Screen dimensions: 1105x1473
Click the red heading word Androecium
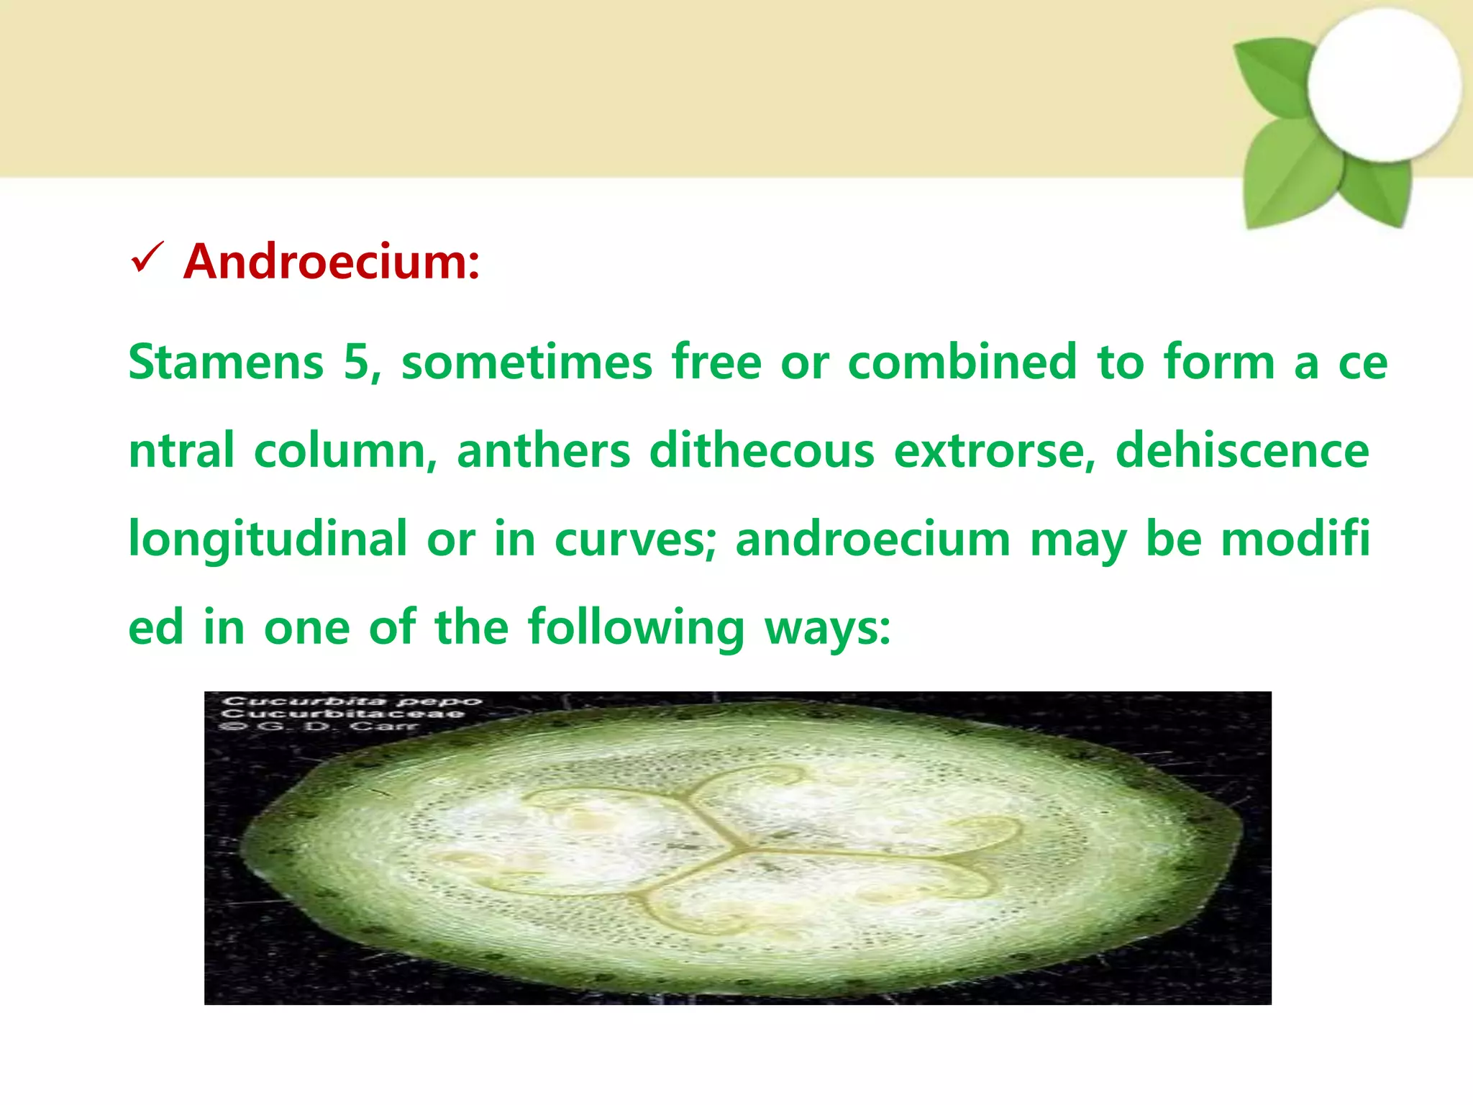coord(331,261)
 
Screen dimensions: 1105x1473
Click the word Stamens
coord(226,362)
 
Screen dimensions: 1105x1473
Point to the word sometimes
coord(526,362)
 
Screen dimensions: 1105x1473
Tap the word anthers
coord(543,451)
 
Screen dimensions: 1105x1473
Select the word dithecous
coord(762,451)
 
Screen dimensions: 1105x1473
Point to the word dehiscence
coord(1242,451)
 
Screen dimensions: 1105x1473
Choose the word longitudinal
coord(268,540)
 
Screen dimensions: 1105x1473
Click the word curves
coord(635,540)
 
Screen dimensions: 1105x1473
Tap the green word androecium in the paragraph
coord(872,540)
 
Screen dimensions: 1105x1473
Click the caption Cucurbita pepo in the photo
coord(352,701)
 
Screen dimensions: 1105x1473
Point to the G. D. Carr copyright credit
coord(321,727)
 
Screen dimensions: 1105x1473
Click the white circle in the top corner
coord(1384,85)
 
